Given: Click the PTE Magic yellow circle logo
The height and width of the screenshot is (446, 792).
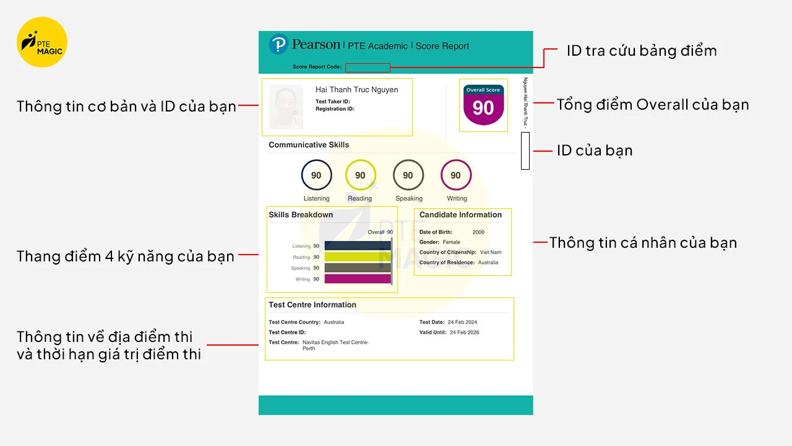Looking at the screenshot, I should tap(42, 42).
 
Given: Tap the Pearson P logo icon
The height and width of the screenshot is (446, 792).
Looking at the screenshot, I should tap(279, 45).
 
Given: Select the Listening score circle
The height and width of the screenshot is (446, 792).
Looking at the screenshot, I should tap(316, 175).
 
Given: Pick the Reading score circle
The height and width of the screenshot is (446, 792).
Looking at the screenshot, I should tap(360, 175).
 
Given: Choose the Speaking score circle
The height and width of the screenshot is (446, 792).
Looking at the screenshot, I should tap(408, 175).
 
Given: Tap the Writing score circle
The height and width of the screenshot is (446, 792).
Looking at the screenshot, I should tap(455, 175).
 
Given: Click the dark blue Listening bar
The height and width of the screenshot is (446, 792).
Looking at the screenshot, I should tap(358, 246).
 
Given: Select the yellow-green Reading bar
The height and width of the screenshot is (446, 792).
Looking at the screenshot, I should tap(358, 257).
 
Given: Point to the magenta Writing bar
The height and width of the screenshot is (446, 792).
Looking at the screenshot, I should tap(358, 279).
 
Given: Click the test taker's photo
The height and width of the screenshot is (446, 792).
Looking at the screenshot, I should tap(286, 107).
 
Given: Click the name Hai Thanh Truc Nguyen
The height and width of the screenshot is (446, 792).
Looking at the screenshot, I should tap(356, 90).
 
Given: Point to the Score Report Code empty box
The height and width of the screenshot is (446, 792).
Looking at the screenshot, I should tap(368, 68).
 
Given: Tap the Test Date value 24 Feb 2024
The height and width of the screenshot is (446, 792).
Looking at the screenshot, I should tap(463, 322).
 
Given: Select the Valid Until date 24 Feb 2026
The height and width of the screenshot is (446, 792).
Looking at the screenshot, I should tap(464, 333).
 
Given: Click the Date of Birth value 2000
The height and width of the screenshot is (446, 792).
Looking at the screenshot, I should tap(478, 232).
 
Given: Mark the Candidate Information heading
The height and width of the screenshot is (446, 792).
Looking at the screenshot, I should tap(460, 215).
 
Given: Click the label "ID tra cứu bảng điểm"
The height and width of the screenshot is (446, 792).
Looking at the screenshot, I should tap(642, 51).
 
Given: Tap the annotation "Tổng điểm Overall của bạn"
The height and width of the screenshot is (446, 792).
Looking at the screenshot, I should tap(653, 105).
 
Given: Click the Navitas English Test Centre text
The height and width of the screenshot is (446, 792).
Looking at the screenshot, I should tap(335, 343).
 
